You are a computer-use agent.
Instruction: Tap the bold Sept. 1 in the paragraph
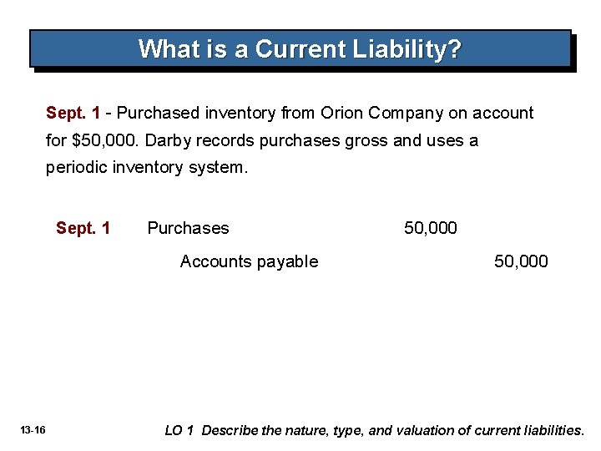pos(73,113)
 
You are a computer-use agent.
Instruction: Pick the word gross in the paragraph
pos(366,140)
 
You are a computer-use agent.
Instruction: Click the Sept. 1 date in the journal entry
pos(83,228)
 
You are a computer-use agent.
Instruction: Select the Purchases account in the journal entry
pos(188,228)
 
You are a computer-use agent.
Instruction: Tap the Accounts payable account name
pos(249,261)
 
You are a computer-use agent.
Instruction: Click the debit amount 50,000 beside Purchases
pos(431,228)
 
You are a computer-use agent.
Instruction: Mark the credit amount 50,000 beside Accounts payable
pos(521,261)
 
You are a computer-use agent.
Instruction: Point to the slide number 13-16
pos(33,430)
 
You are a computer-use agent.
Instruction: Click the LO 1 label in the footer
pos(179,431)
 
